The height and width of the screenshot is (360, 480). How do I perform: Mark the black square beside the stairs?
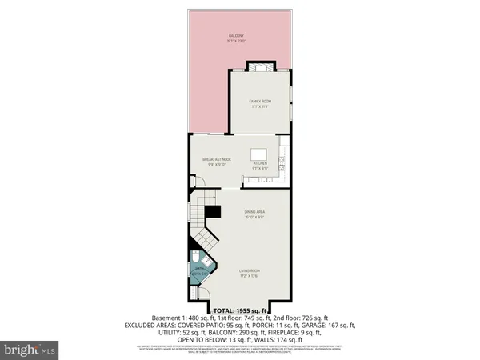(213, 213)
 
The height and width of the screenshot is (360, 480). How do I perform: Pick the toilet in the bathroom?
(197, 261)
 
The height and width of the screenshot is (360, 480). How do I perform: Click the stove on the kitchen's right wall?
(284, 164)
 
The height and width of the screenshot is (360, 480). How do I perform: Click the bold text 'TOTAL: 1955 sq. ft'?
(241, 310)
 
